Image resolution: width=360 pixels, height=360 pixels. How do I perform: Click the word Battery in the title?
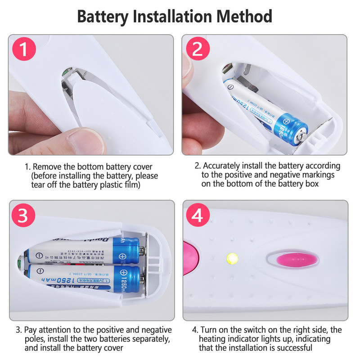click(102, 17)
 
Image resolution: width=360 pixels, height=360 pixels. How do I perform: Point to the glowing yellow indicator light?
click(232, 258)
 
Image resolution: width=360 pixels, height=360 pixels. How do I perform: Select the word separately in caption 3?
click(148, 338)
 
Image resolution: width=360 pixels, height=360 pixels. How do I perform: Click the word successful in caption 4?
click(293, 347)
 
